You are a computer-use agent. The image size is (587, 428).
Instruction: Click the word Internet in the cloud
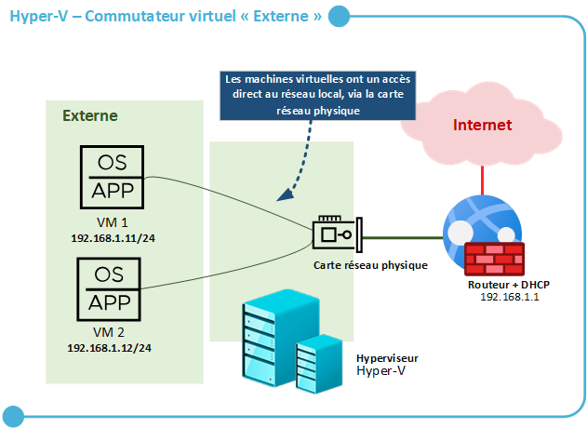click(482, 125)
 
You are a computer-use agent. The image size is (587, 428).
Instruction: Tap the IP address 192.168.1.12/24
click(110, 347)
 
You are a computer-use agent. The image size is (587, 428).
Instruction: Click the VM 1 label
click(111, 223)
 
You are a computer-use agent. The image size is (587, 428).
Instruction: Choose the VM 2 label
click(110, 333)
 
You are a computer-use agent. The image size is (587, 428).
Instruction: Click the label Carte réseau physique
click(369, 265)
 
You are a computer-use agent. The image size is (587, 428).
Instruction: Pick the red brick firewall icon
click(493, 257)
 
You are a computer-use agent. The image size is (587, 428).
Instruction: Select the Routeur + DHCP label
click(510, 283)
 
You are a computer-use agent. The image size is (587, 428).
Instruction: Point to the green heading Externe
click(89, 116)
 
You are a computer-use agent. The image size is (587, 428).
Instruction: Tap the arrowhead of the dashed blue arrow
click(282, 196)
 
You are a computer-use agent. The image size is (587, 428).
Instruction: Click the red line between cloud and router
click(481, 177)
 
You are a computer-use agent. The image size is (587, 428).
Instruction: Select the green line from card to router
click(400, 237)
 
